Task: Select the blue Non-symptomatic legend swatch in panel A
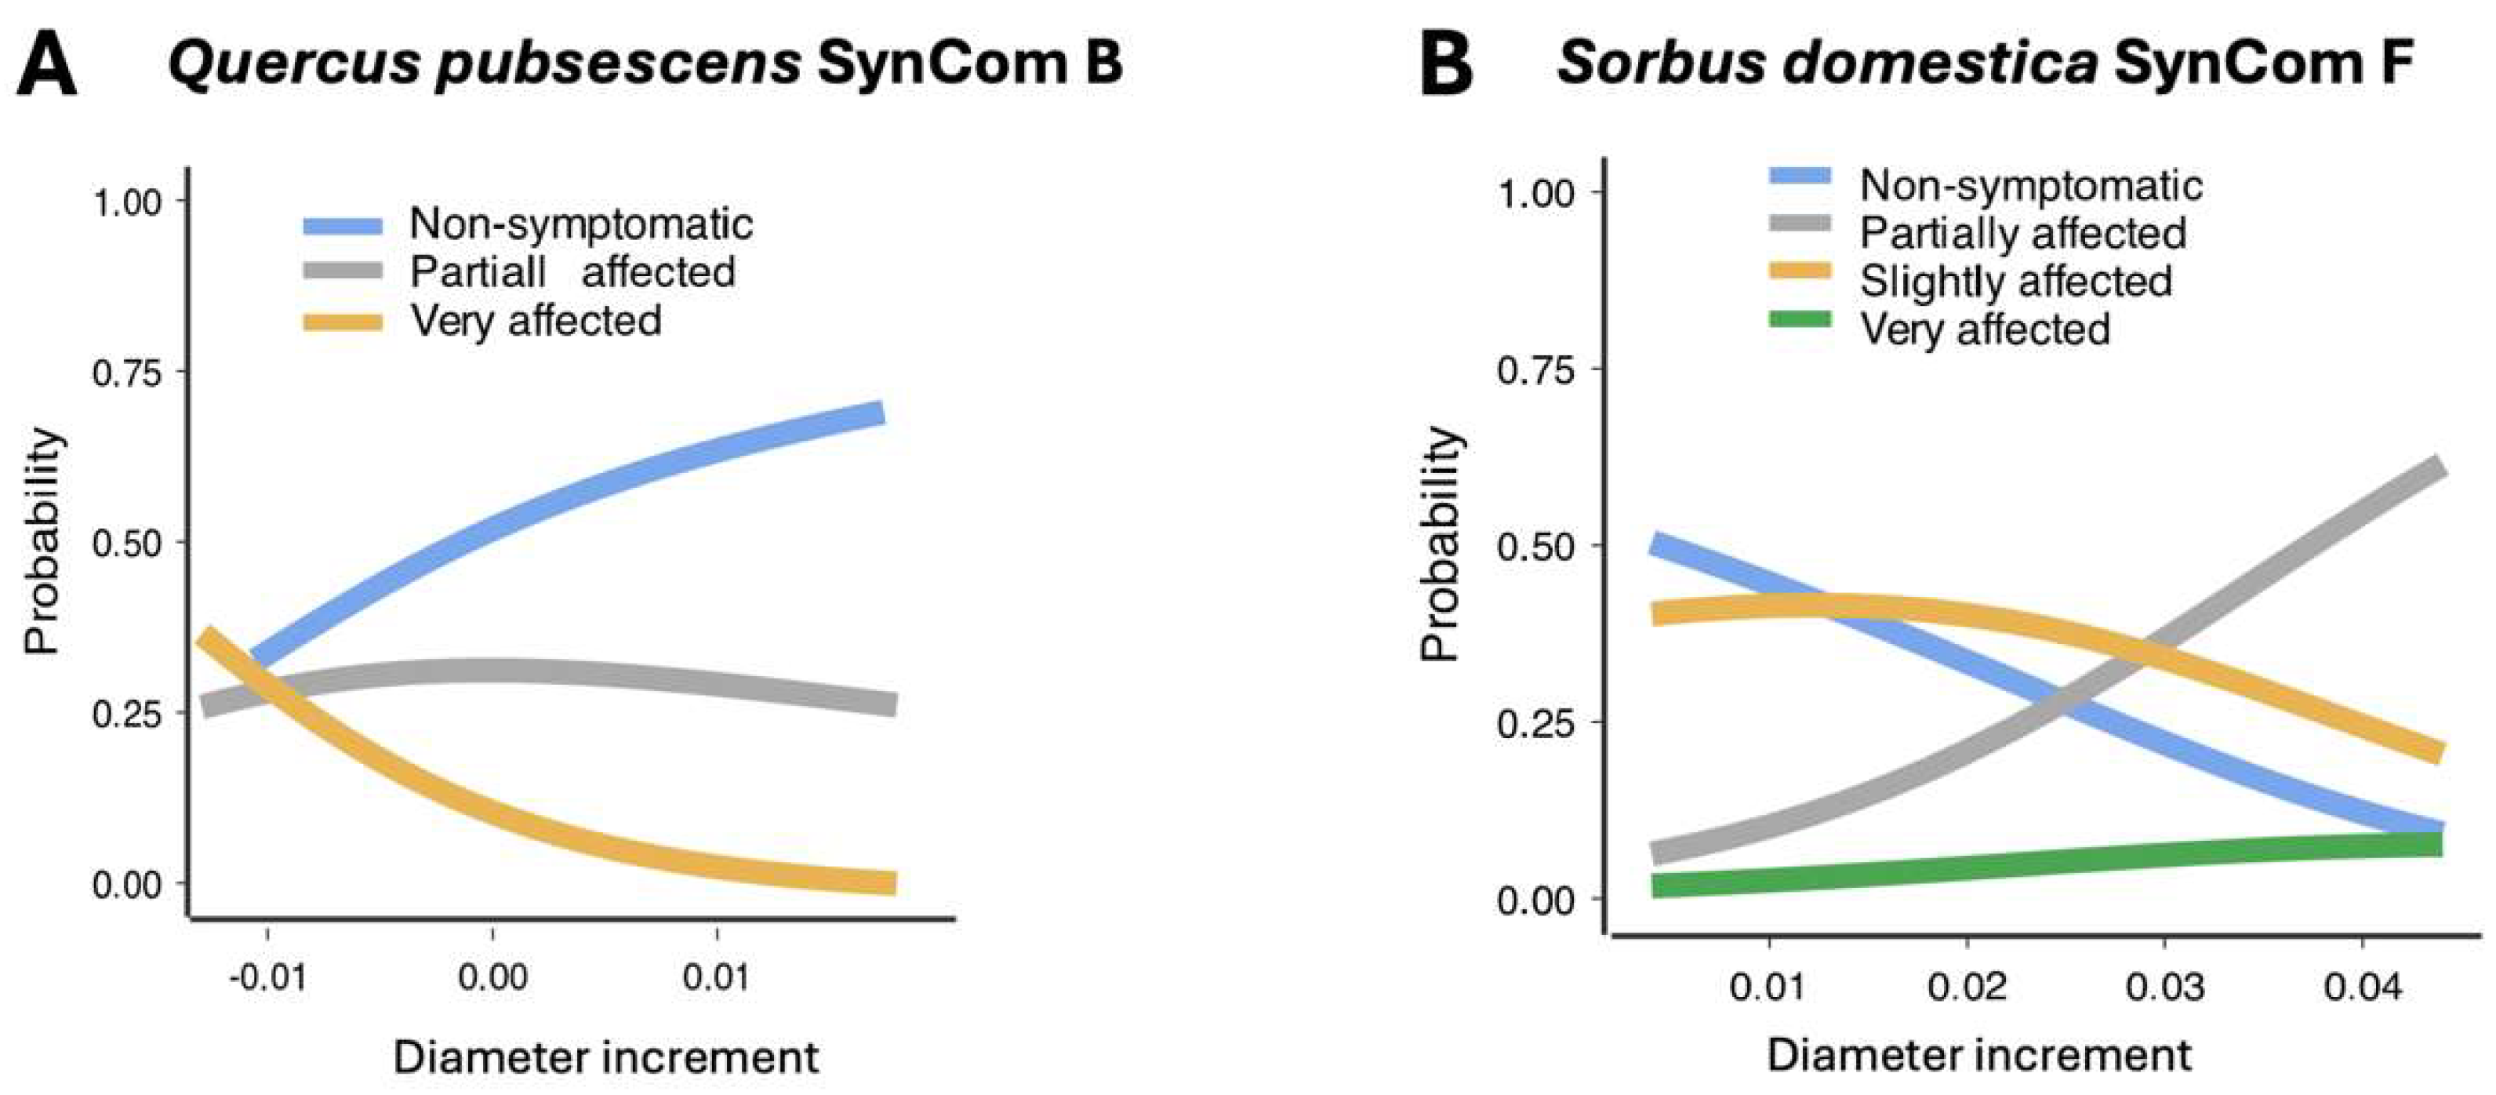tap(343, 226)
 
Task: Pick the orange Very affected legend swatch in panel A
tap(343, 322)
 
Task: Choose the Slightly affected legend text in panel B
tap(2015, 281)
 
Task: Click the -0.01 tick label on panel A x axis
tap(267, 977)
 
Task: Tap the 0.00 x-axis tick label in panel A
tap(492, 977)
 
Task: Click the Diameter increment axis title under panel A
tap(605, 1057)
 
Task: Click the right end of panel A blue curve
tap(880, 414)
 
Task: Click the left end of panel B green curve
tap(1659, 886)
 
